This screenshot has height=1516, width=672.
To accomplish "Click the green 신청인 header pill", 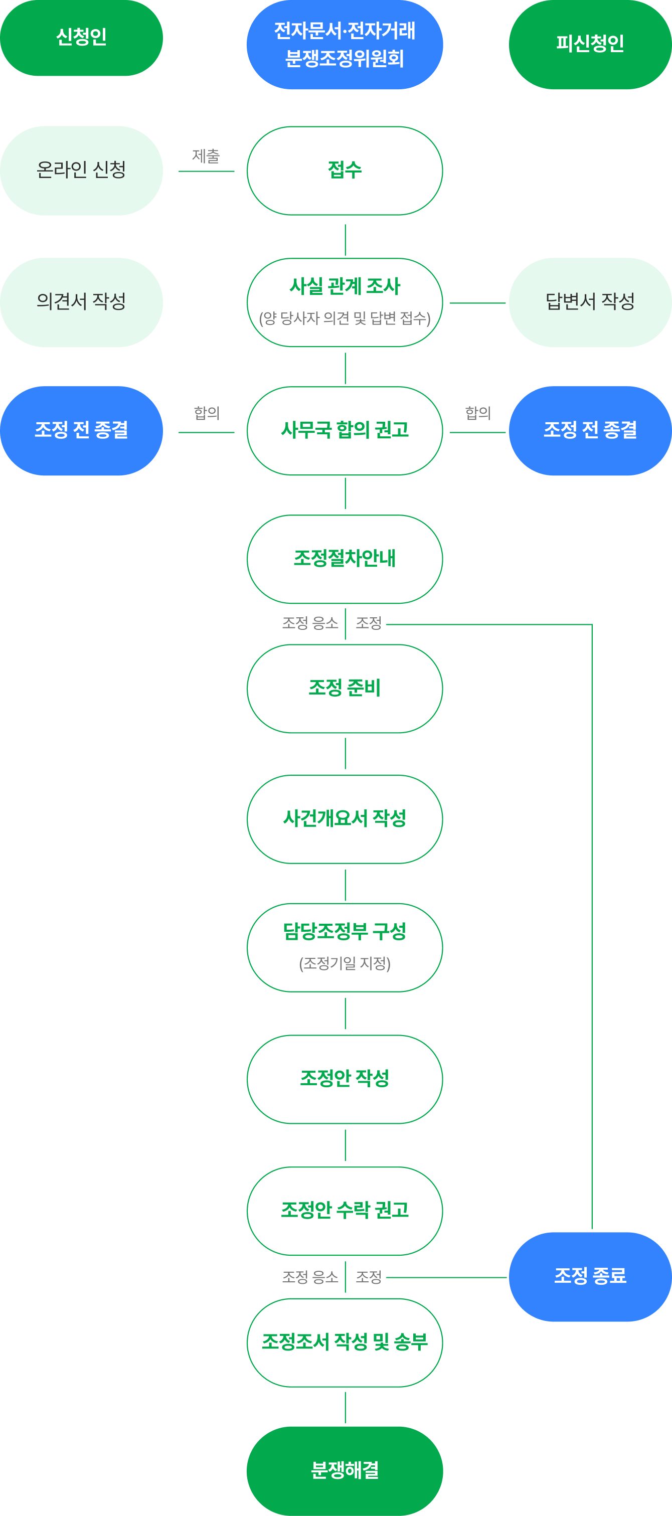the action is (x=81, y=38).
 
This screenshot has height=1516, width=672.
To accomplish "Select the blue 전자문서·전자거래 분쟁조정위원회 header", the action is (x=345, y=45).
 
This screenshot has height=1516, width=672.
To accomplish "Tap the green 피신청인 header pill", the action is (x=590, y=45).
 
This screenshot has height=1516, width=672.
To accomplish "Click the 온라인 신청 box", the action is (x=81, y=171).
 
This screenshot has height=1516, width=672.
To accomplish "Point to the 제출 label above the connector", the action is (x=206, y=156).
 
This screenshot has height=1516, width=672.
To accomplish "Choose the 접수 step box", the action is (x=345, y=171).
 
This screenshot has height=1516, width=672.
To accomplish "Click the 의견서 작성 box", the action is (x=81, y=302).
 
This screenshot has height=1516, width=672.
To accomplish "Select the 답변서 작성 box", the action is (x=590, y=302).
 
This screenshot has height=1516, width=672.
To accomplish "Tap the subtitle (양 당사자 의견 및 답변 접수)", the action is (x=345, y=318).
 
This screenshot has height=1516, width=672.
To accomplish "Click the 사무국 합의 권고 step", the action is (x=345, y=431).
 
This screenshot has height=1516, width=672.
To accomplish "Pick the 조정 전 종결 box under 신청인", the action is (x=81, y=431).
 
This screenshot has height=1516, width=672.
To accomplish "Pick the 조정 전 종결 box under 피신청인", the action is (x=590, y=431).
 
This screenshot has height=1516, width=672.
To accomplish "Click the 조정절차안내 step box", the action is (x=345, y=559).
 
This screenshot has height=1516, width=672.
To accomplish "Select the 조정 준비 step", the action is (x=345, y=689).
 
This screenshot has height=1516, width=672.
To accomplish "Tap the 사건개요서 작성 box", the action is (x=345, y=819).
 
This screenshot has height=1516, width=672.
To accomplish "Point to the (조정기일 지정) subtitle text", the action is (x=345, y=963).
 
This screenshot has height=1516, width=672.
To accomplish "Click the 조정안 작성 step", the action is (x=345, y=1079).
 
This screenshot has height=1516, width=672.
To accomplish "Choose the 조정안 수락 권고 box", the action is (x=345, y=1211).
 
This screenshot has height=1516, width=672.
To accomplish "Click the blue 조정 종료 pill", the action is (x=590, y=1277).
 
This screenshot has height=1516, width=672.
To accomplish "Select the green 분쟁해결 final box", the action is (x=345, y=1471).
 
